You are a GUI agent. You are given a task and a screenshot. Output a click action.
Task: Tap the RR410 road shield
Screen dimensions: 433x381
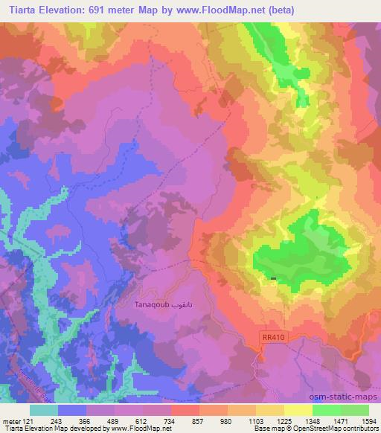point(273,337)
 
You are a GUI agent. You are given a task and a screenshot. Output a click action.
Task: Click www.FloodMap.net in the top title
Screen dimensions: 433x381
point(224,10)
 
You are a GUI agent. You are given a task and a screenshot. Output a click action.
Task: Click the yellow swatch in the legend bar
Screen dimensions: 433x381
point(298,409)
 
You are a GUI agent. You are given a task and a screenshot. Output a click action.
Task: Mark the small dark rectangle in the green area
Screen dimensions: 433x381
point(274,279)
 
